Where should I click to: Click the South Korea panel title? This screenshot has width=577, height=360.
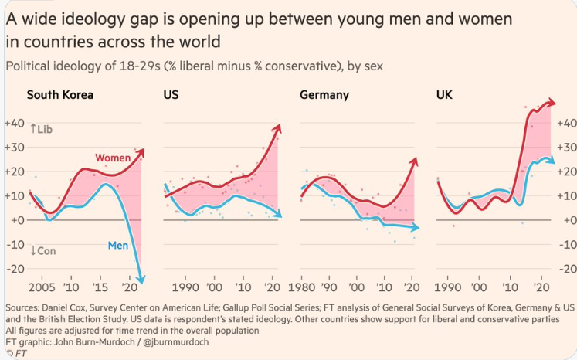coord(60,96)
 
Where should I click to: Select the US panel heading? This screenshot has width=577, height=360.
coord(171,96)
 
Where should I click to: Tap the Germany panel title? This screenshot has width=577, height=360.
coord(324,96)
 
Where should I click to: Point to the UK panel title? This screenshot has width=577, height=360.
coord(445,96)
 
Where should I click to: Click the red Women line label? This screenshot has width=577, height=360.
coord(113,158)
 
